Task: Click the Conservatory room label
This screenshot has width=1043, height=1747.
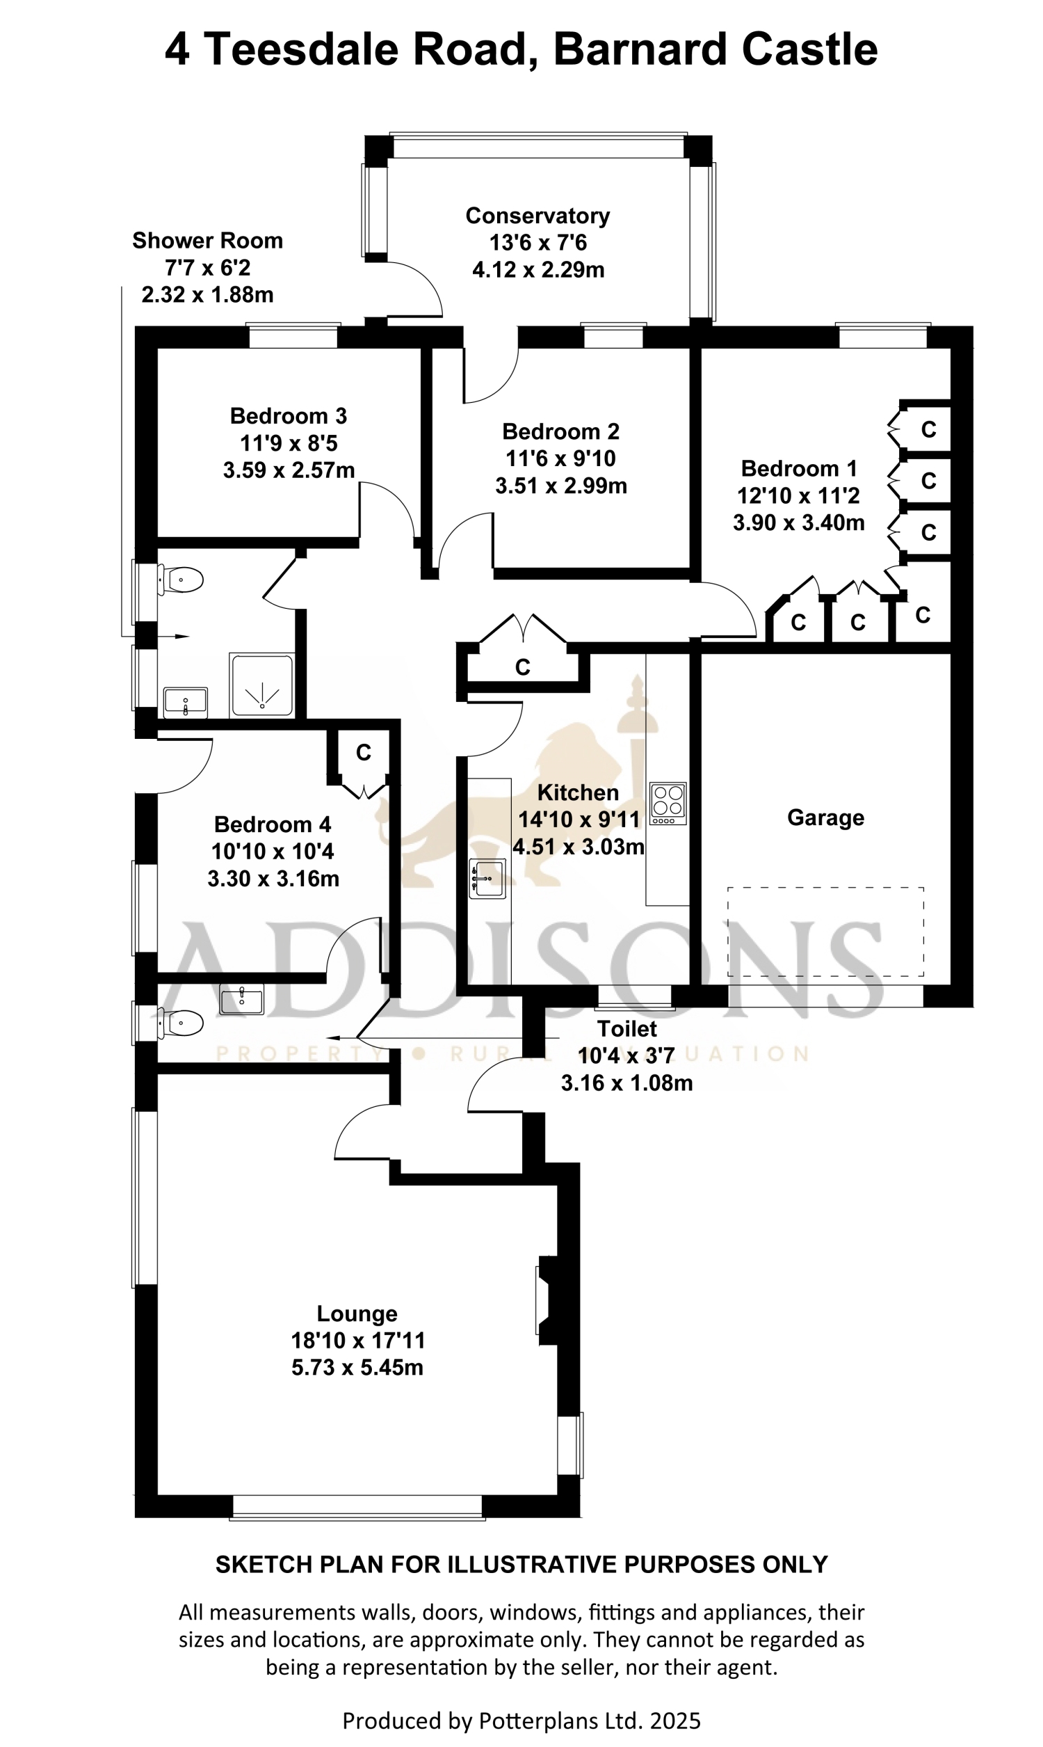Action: tap(537, 216)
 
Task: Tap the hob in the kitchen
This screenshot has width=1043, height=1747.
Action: tap(668, 804)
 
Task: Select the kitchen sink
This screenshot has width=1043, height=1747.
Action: tap(487, 879)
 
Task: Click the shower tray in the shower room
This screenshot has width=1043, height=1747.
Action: tap(261, 685)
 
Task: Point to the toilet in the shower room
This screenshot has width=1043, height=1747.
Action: tap(180, 581)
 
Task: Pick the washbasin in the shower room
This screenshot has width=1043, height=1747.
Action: tap(186, 702)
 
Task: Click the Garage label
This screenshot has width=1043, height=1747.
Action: tap(825, 817)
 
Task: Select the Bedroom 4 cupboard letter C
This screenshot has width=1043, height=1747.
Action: tap(364, 753)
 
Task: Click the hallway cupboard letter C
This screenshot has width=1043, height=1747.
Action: tap(522, 667)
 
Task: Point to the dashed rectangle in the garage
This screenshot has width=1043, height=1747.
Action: tap(825, 932)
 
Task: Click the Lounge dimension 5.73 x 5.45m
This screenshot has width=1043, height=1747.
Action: tap(357, 1367)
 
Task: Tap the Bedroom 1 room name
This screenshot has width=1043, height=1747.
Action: tap(799, 468)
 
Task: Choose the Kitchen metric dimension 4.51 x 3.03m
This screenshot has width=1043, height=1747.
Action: tap(579, 847)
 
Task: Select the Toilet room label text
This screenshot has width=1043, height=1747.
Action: tap(627, 1028)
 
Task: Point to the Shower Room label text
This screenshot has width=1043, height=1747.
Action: tap(207, 241)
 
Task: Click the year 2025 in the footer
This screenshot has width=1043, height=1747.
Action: tap(675, 1721)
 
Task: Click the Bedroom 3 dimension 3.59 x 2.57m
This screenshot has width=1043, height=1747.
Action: tap(289, 470)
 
